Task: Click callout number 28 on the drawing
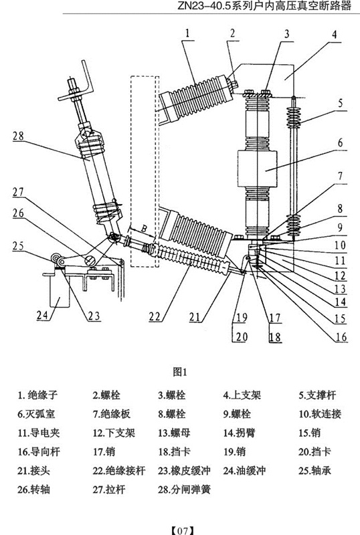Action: pos(19,136)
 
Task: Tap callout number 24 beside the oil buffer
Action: pos(42,315)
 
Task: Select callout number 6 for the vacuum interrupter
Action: pos(340,142)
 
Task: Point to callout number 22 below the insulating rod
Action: pos(155,317)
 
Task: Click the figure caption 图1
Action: pos(180,372)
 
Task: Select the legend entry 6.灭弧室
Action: pos(36,414)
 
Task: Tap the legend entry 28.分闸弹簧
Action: pos(185,490)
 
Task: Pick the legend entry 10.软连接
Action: pos(320,414)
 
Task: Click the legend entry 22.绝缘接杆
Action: pos(119,471)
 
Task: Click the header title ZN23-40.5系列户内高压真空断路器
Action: pos(264,6)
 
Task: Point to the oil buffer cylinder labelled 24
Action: pos(60,290)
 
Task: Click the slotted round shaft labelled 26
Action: pos(90,261)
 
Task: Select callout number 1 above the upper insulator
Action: pos(187,33)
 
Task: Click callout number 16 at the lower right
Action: pos(341,337)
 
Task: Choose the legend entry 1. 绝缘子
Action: pos(37,395)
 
